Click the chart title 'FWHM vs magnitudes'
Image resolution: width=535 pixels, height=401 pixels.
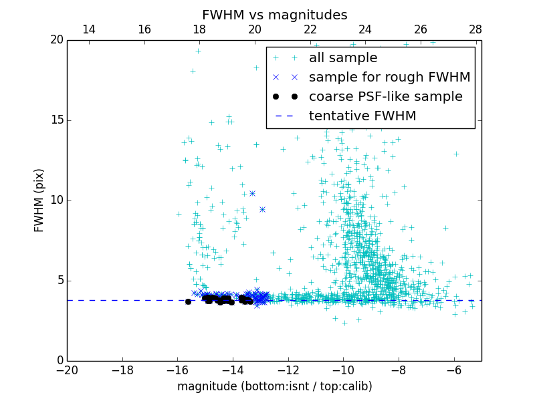click(274, 15)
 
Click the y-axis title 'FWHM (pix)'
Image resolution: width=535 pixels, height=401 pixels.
click(39, 200)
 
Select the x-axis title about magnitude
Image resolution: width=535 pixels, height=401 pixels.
click(274, 386)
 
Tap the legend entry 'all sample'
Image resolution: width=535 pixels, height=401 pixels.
click(342, 58)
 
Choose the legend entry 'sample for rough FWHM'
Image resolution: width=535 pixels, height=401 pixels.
click(389, 78)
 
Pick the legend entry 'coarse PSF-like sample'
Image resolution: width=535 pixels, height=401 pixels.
click(385, 97)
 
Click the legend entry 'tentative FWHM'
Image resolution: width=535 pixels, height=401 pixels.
click(362, 116)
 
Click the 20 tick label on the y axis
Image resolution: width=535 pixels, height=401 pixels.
click(56, 40)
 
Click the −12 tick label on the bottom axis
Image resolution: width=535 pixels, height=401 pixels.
click(288, 370)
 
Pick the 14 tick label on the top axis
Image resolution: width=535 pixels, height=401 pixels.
click(89, 29)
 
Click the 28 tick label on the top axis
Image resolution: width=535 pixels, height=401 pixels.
click(475, 29)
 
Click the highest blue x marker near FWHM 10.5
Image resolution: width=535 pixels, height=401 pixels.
click(252, 193)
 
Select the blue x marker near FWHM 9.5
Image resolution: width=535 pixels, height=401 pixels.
click(262, 209)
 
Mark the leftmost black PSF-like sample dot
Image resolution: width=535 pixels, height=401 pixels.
click(188, 301)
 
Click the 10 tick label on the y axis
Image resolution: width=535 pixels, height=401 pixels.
click(56, 200)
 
